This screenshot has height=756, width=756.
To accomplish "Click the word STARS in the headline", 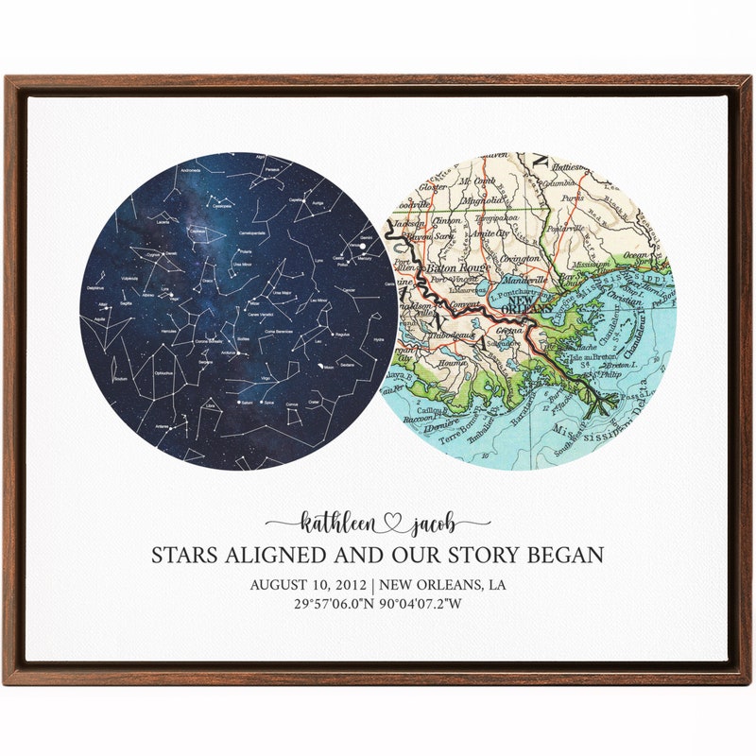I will [187, 555].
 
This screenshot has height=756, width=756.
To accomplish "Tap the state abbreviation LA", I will [495, 585].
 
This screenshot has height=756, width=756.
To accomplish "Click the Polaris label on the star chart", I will [245, 253].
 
